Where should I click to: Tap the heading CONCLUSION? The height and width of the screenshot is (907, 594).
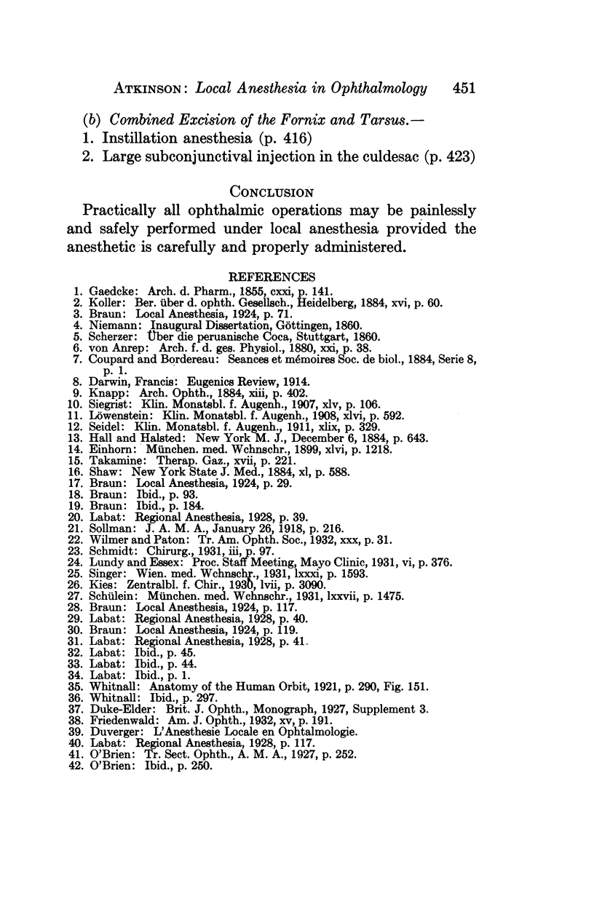point(271,192)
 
